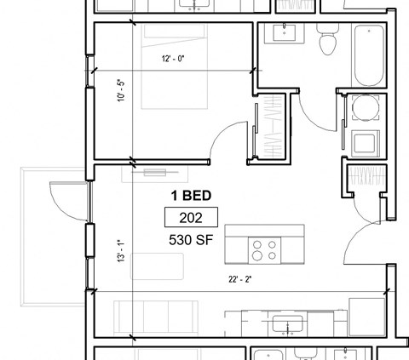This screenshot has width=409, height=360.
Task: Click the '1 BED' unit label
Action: coord(192,195)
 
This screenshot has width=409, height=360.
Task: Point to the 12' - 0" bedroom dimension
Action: coord(173,60)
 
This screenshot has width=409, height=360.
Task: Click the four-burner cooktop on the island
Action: coord(263,249)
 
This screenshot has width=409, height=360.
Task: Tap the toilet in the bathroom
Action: coord(326,40)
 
